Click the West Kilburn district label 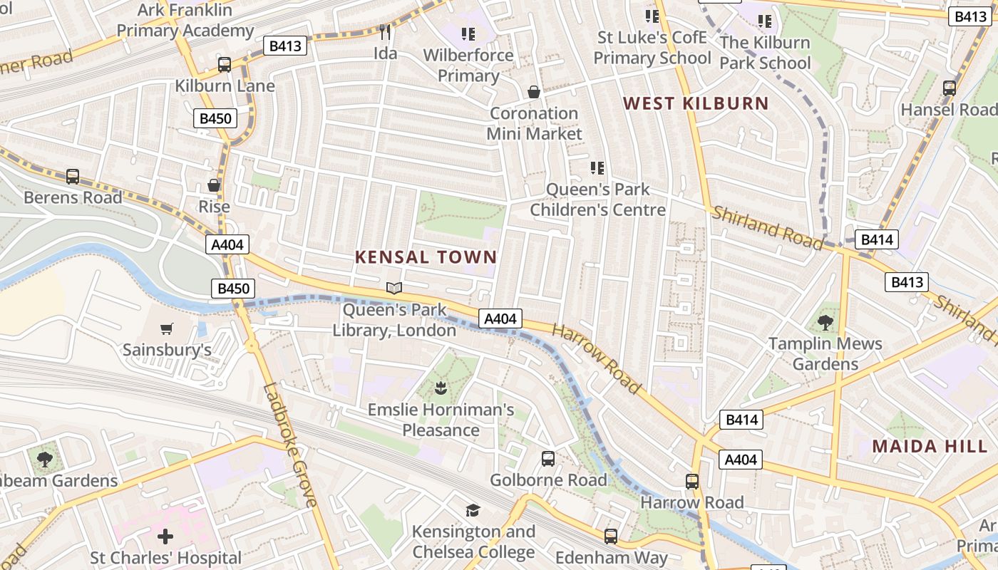coord(696,103)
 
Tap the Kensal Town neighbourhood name coord(426,257)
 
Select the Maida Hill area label coord(930,447)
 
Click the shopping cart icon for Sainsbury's coord(167,328)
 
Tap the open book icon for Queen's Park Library coord(394,288)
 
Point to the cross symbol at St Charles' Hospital coord(165,536)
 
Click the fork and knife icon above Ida coord(385,31)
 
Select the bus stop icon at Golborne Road coord(547,459)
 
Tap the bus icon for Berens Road coord(72,176)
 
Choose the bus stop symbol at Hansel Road coord(949,88)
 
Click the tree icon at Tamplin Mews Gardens coord(825,322)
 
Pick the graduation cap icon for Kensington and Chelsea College coord(473,510)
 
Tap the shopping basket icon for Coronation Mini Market coord(533,92)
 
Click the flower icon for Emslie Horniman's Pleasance coord(440,388)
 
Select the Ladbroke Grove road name coord(290,445)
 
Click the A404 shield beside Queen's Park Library coord(500,318)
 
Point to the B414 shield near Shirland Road coord(876,239)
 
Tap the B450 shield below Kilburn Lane coord(215,118)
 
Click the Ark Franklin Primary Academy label coord(185,21)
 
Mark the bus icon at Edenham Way coord(610,536)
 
